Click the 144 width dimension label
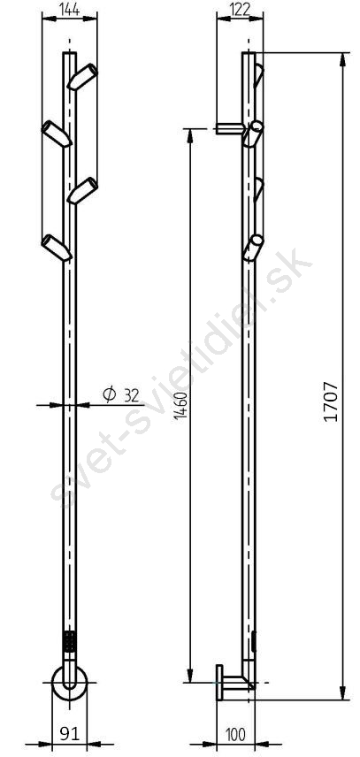pyautogui.click(x=70, y=9)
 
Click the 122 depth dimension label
pyautogui.click(x=241, y=9)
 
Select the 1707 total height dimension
pyautogui.click(x=331, y=401)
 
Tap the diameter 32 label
pyautogui.click(x=120, y=395)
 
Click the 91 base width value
pyautogui.click(x=69, y=734)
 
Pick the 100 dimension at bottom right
pyautogui.click(x=235, y=734)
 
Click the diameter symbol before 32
pyautogui.click(x=110, y=395)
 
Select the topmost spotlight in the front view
pyautogui.click(x=82, y=77)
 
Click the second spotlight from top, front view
pyautogui.click(x=57, y=134)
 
